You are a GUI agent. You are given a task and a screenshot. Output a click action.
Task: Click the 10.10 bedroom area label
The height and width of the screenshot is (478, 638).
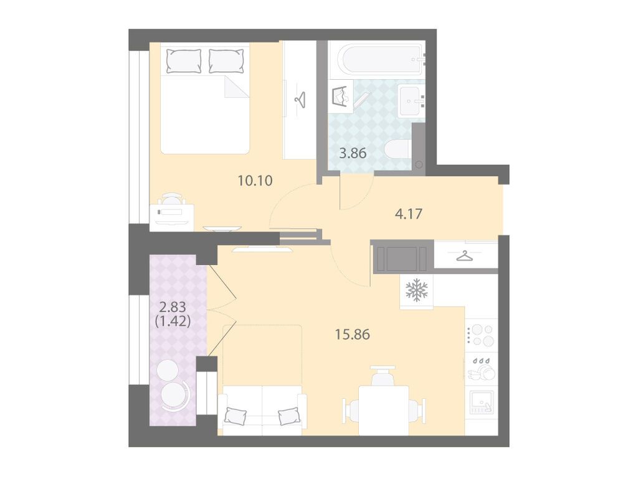tap(255, 180)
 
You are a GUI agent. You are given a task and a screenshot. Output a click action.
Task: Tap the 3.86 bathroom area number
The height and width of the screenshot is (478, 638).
tap(353, 153)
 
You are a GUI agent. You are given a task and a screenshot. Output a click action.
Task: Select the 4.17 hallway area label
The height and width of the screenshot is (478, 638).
tap(409, 213)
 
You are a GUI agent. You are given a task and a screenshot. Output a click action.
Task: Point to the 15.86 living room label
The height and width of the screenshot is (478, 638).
tap(353, 334)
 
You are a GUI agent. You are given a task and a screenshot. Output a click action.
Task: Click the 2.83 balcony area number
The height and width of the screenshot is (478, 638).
tap(173, 307)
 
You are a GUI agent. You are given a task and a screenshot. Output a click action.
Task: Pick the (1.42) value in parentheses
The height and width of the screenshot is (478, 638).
tap(173, 321)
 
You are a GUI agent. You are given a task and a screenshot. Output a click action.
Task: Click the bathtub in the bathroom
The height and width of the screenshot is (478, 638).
tap(383, 60)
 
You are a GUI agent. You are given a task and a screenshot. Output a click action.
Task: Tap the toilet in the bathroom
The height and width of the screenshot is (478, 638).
tap(397, 154)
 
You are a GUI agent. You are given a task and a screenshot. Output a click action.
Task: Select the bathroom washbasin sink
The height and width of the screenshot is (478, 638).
tap(411, 100)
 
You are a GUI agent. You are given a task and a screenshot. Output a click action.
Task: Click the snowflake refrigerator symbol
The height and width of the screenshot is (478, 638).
tap(417, 290)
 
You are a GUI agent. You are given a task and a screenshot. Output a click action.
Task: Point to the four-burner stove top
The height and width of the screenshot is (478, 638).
tap(481, 335)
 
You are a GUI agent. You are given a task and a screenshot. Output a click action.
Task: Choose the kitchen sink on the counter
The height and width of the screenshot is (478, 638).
tap(482, 402)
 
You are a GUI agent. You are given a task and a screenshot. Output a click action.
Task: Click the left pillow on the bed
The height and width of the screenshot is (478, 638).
tap(184, 61)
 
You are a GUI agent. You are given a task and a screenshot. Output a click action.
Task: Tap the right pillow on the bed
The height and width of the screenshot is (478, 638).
tap(226, 61)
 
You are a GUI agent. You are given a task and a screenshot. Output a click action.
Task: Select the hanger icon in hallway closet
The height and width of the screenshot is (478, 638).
tap(464, 256)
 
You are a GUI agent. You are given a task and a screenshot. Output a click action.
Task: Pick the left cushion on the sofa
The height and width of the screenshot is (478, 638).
tap(236, 416)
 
